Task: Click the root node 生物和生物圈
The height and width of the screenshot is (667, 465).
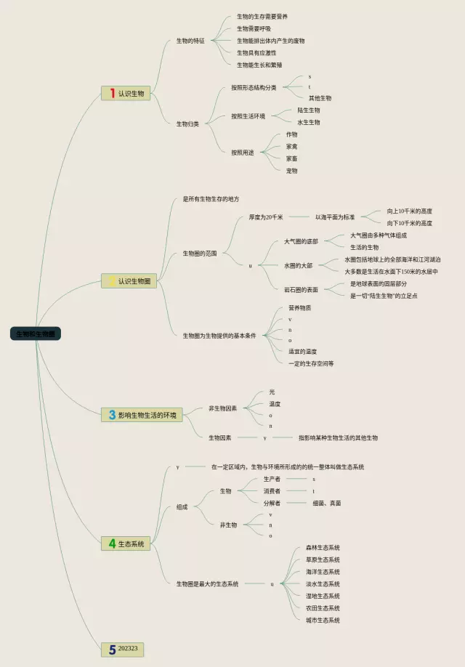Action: [36, 334]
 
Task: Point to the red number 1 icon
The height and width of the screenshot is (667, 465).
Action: [112, 94]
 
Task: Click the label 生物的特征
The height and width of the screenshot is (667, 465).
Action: [190, 41]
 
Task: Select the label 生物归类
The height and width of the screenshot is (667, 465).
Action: [187, 124]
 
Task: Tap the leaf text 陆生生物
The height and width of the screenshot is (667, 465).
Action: [308, 110]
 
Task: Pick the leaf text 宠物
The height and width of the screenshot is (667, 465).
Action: [291, 171]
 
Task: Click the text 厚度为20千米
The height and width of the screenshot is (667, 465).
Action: [266, 217]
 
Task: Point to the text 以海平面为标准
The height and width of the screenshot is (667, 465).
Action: [335, 217]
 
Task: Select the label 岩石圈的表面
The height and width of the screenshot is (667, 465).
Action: [301, 289]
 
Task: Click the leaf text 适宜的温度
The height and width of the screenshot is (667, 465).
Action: [302, 352]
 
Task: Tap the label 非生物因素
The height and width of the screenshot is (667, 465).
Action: [222, 408]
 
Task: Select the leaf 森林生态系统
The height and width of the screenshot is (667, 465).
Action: [323, 548]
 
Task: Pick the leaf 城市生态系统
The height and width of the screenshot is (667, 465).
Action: [323, 620]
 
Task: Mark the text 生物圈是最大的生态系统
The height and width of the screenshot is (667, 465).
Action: [207, 583]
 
